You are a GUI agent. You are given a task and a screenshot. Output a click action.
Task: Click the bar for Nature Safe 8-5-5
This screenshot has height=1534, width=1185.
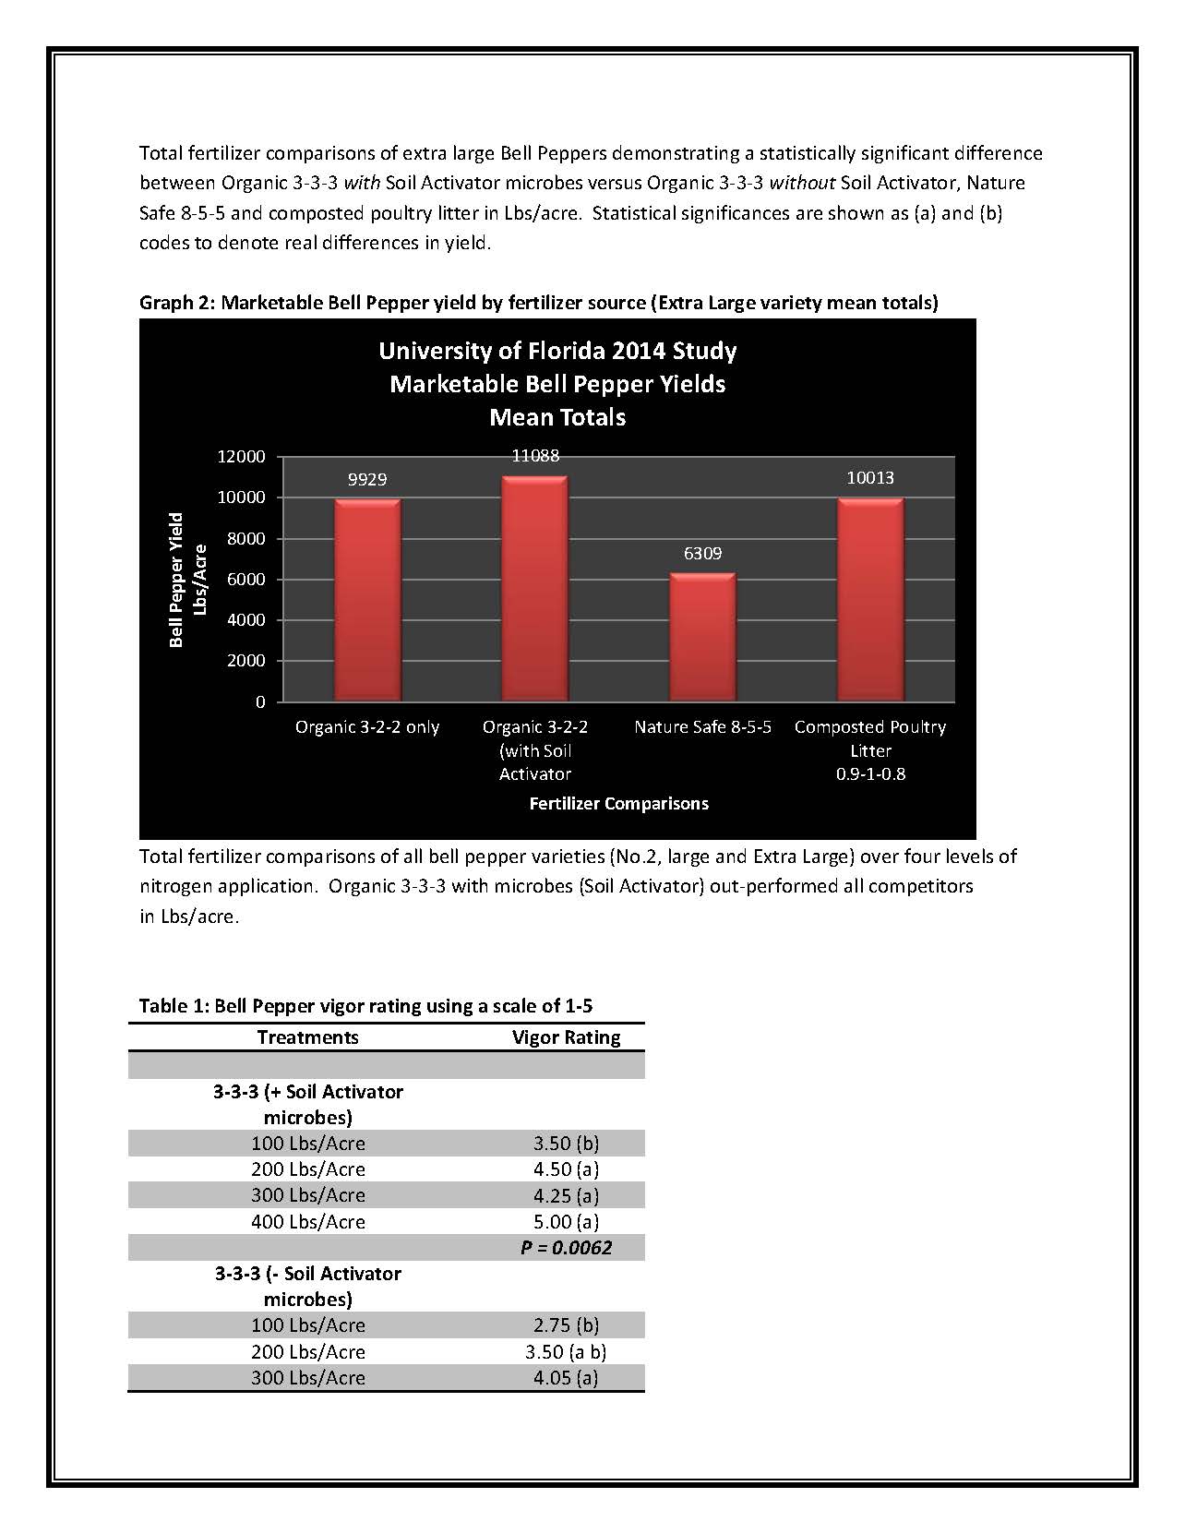pos(702,637)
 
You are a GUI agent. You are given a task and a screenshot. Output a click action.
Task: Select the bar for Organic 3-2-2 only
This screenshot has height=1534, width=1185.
pos(367,600)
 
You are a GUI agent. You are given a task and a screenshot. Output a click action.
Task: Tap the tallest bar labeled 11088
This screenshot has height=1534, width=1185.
pos(534,588)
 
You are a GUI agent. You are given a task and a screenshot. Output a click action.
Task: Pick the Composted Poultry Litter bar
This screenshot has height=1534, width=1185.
pos(870,599)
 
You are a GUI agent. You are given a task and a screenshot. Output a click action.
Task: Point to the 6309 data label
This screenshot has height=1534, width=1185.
pos(702,554)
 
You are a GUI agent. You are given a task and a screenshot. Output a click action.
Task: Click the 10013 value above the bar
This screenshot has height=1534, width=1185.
pos(870,478)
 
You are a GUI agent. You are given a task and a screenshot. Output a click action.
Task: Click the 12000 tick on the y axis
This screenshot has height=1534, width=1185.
pos(242,457)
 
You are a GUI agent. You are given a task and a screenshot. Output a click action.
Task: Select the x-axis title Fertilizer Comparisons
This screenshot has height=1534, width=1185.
pos(618,803)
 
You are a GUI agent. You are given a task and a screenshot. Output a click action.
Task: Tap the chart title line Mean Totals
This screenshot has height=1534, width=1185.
pos(557,417)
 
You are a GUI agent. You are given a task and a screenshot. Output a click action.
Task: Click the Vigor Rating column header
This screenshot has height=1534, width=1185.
pos(566,1037)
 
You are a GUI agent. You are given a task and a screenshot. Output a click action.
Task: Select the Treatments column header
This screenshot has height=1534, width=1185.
pos(307,1037)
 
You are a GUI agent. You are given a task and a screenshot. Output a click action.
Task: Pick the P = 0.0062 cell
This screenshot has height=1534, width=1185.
pos(566,1248)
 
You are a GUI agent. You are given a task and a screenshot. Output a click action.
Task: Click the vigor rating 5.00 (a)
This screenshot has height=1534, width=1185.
pos(566,1222)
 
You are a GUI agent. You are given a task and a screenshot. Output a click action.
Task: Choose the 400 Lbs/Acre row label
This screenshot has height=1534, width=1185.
pos(308,1222)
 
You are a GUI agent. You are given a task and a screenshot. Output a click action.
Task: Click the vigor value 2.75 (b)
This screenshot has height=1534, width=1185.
pos(566,1325)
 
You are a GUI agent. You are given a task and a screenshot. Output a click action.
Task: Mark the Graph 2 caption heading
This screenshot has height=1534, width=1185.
pos(538,303)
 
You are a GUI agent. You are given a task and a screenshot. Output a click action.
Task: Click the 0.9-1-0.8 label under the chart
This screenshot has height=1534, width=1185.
pos(870,774)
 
